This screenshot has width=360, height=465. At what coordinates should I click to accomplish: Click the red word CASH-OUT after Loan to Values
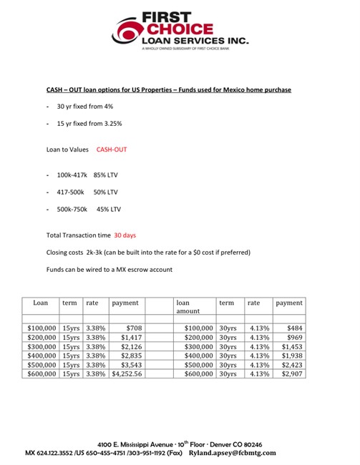coord(112,150)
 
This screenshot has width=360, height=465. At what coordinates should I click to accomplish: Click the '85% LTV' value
coord(106,174)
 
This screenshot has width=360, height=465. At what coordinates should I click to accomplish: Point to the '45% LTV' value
coord(109,209)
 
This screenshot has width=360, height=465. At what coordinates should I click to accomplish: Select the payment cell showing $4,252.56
coord(127,373)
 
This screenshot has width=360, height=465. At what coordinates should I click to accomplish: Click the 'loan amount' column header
coord(189,306)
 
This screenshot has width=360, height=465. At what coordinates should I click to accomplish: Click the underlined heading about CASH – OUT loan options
coord(165,89)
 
